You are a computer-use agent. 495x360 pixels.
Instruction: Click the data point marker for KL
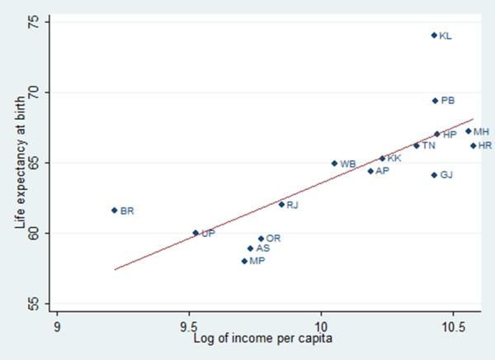(x=434, y=36)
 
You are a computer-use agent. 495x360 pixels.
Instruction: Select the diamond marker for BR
(x=115, y=211)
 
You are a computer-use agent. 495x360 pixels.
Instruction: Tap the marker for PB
(x=435, y=101)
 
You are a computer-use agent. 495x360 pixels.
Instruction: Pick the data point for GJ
(x=434, y=175)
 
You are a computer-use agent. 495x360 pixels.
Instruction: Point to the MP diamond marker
(x=245, y=261)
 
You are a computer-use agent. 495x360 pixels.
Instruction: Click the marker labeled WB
(x=334, y=163)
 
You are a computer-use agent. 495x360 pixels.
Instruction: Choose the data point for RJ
(x=281, y=204)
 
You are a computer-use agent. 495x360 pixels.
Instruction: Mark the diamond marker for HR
(x=474, y=145)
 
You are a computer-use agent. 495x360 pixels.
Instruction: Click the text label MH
(x=482, y=131)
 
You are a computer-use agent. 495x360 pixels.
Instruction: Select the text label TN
(x=430, y=145)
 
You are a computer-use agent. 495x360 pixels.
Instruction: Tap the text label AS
(x=263, y=248)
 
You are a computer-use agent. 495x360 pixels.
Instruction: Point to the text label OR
(x=274, y=238)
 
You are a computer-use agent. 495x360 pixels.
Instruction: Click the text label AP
(x=382, y=171)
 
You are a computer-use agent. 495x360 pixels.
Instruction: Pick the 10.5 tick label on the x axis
(x=452, y=324)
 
